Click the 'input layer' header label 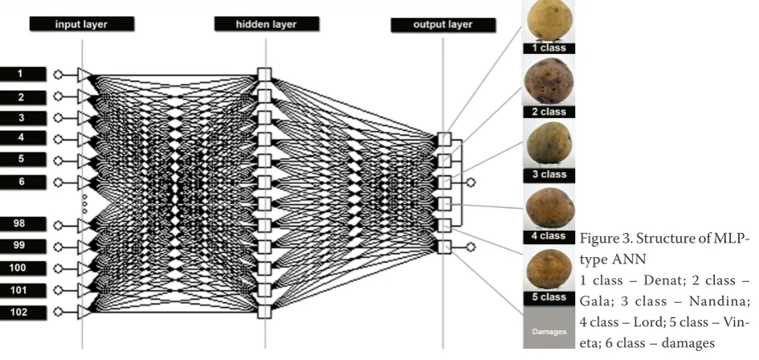tap(81, 24)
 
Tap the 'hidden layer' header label tap(266, 24)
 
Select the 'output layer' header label tap(443, 25)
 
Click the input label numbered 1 tap(23, 74)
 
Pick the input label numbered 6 tap(23, 182)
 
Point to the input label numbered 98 tap(23, 224)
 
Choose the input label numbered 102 tap(23, 313)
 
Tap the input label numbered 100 tap(23, 268)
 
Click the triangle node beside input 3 tap(84, 118)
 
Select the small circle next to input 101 tap(58, 290)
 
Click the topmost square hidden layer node tap(264, 75)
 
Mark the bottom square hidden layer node tap(264, 312)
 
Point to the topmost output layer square tap(444, 139)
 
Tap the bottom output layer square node tap(444, 247)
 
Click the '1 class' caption tap(549, 48)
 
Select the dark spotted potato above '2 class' tap(549, 81)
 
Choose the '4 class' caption tap(549, 236)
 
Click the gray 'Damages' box tap(549, 327)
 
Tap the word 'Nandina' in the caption tap(720, 301)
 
